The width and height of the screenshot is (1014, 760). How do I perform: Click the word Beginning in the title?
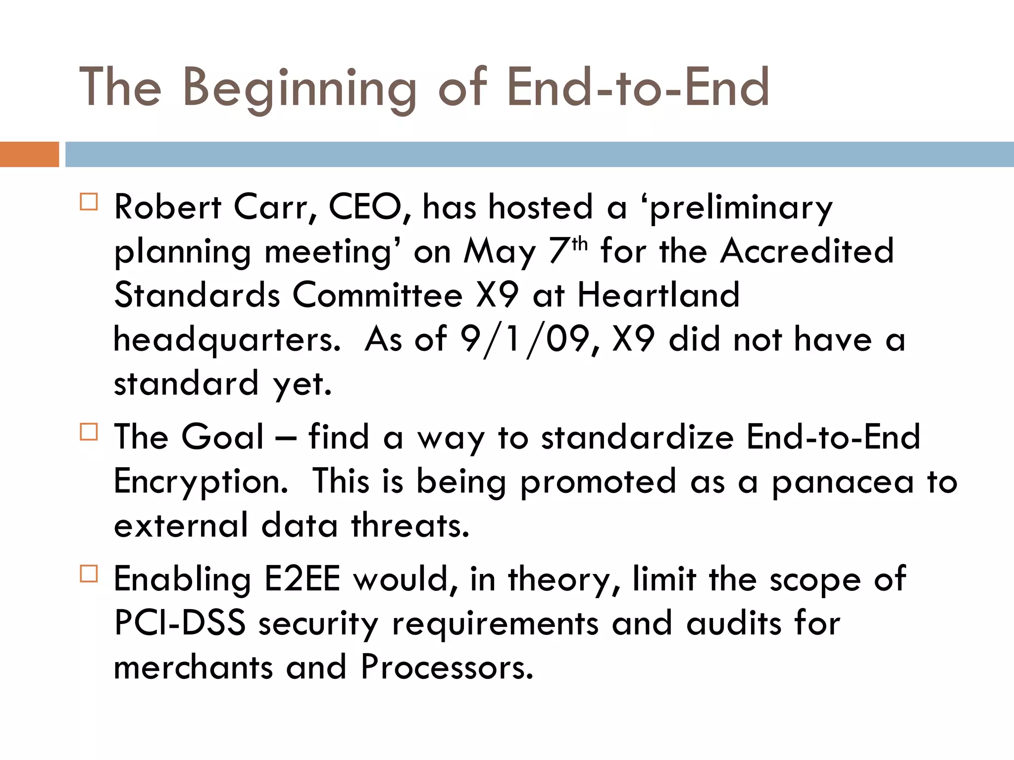coord(300,89)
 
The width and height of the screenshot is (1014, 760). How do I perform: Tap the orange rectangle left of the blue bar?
coord(29,154)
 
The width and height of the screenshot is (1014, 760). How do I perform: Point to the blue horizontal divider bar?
coord(539,154)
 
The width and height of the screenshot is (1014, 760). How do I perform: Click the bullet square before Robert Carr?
coord(89,202)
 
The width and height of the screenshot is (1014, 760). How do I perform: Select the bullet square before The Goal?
coord(89,432)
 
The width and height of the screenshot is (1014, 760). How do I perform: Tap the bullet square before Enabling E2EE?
coord(89,574)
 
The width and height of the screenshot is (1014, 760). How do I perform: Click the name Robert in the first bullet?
coord(167,207)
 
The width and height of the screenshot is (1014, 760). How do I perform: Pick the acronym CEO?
coord(365,207)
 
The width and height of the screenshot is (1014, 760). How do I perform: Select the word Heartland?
coord(659,295)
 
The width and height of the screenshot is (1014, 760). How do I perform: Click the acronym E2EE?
coord(302,579)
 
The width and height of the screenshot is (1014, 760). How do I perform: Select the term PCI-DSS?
coord(180,623)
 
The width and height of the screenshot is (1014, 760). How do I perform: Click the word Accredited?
coord(807,251)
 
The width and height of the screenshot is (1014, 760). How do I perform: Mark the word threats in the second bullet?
coord(410,526)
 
